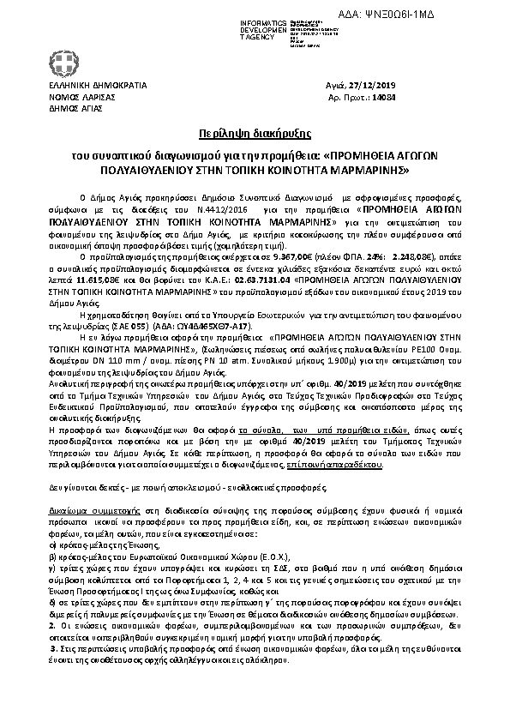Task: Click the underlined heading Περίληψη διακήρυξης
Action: point(255,135)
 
